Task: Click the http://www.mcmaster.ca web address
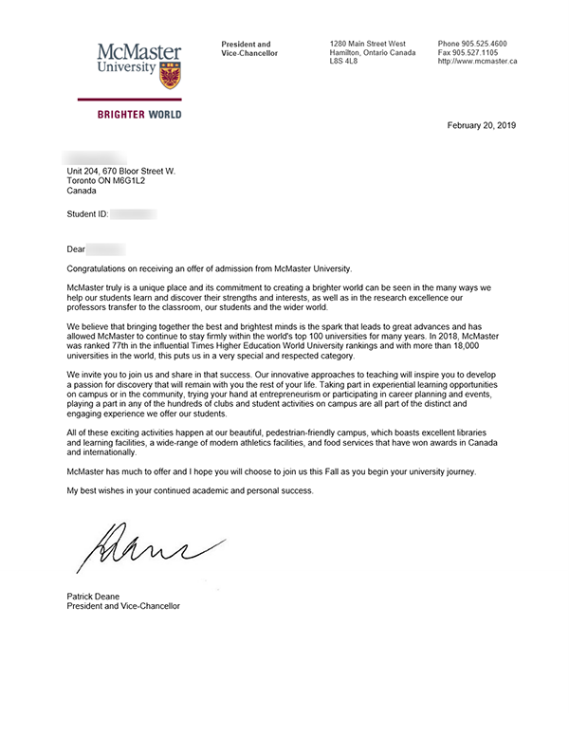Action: [x=477, y=62]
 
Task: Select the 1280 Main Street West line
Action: [x=367, y=45]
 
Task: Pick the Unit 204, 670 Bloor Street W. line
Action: [x=121, y=171]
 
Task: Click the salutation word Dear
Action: [x=76, y=249]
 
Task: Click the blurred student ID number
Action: [x=134, y=214]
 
